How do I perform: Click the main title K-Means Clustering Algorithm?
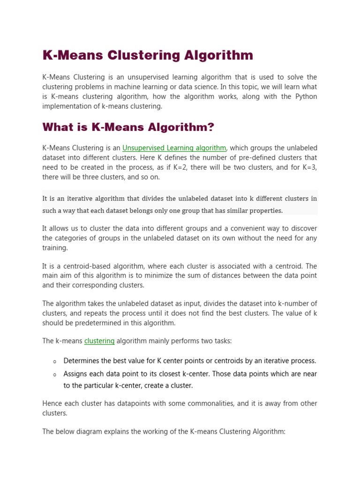[148, 55]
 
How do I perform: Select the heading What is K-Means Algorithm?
[128, 127]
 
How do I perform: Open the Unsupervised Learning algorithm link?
[174, 148]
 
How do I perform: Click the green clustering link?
[99, 341]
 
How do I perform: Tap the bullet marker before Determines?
[55, 362]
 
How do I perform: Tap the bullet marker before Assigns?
[55, 375]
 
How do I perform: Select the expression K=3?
[308, 168]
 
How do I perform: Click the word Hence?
[52, 404]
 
